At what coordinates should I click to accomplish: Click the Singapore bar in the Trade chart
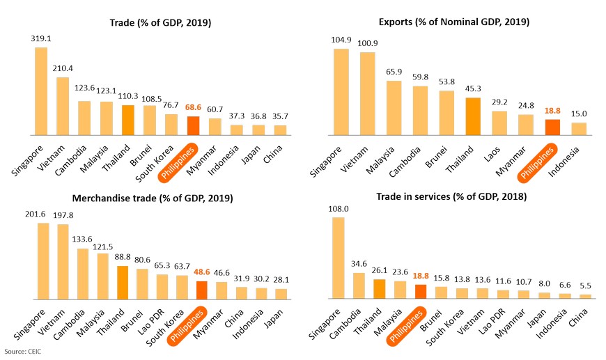tap(41, 91)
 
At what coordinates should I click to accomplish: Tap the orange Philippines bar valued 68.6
tap(193, 126)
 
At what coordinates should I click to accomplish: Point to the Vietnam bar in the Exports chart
tap(367, 93)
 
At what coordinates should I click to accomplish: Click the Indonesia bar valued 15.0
tap(579, 129)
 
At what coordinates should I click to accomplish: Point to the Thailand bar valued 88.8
tap(121, 283)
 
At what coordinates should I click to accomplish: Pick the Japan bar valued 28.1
tap(281, 294)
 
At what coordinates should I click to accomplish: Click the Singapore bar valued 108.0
tap(339, 258)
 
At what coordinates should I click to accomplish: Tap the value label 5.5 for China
tap(585, 286)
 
